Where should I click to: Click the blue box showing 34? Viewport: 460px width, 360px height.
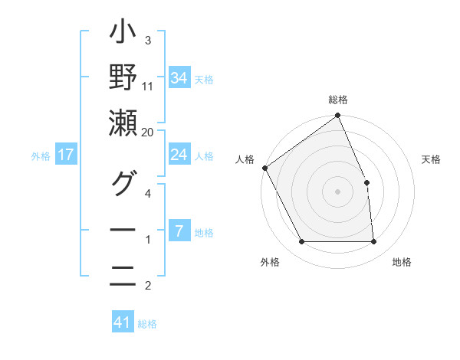(179, 78)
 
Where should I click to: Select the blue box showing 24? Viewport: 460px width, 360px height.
(179, 155)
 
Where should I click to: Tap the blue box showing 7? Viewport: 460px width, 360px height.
(179, 231)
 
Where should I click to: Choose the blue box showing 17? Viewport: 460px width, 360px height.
(66, 155)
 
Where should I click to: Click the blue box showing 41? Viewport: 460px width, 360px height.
(123, 322)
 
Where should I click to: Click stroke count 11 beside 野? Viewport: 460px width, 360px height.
(148, 86)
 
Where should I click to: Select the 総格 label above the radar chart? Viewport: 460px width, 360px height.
(338, 100)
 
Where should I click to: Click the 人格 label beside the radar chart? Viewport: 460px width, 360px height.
(245, 159)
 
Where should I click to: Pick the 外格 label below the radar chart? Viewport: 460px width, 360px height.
(269, 262)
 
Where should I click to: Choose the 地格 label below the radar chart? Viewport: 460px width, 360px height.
(402, 262)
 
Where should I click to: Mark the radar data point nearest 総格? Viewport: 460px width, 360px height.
(338, 116)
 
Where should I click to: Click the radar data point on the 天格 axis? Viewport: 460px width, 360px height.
(366, 182)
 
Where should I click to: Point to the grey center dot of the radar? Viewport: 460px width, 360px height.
(338, 191)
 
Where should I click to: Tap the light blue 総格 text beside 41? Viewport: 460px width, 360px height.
(147, 324)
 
